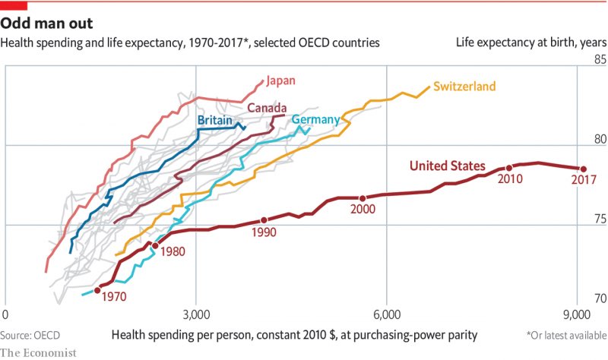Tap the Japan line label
(281, 80)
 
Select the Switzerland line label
(464, 86)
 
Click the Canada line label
(266, 108)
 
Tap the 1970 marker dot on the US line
(97, 289)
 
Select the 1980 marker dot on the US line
(155, 245)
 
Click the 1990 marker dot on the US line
(264, 220)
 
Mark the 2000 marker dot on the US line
(363, 198)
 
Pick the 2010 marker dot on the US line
(509, 168)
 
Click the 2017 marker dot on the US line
(584, 169)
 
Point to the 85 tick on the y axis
(599, 59)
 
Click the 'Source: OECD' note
(30, 334)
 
